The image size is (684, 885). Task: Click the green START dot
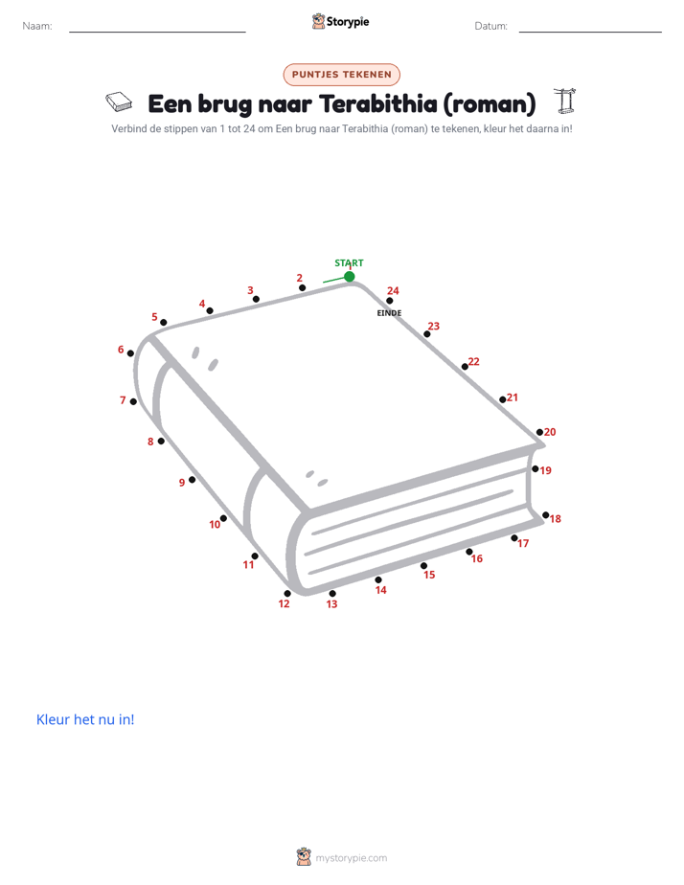pos(350,277)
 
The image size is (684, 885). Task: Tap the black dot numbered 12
pos(287,593)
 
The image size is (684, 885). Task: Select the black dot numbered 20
pos(539,432)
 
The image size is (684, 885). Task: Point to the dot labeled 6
pos(130,353)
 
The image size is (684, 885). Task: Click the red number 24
pos(393,290)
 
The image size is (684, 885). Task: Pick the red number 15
pos(429,575)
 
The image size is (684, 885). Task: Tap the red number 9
pos(182,483)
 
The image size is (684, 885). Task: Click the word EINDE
pos(389,313)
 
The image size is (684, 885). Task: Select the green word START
pos(349,263)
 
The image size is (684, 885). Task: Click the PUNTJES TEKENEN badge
pos(341,75)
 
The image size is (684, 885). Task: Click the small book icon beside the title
pos(119,102)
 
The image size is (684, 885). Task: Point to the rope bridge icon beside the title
pos(565,101)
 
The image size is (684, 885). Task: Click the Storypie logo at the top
pos(340,21)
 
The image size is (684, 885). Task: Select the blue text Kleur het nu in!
pos(85,719)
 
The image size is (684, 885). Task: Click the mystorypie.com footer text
pos(351,858)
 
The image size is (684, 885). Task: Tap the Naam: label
pos(37,26)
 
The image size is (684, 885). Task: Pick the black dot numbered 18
pos(546,515)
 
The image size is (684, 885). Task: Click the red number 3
pos(250,290)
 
